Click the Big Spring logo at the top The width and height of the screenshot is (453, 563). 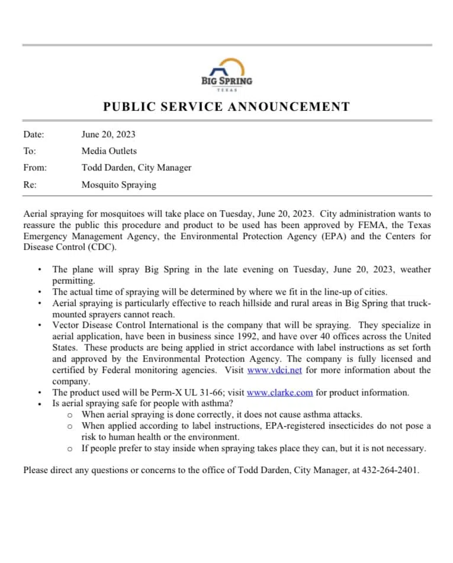pyautogui.click(x=226, y=73)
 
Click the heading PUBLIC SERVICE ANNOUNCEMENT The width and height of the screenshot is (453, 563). pyautogui.click(x=226, y=107)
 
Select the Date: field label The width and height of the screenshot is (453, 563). pyautogui.click(x=34, y=134)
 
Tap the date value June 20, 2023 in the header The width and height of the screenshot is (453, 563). pyautogui.click(x=108, y=134)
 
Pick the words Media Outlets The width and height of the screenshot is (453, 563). pyautogui.click(x=109, y=151)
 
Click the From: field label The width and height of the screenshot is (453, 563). pyautogui.click(x=35, y=168)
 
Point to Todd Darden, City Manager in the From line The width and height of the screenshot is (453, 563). pyautogui.click(x=136, y=168)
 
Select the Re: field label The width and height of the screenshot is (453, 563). pyautogui.click(x=30, y=185)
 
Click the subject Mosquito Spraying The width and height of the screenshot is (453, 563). pyautogui.click(x=119, y=185)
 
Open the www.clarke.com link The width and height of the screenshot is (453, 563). pyautogui.click(x=279, y=393)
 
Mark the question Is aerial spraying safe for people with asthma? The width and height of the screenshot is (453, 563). pyautogui.click(x=142, y=404)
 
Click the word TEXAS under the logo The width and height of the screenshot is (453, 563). pyautogui.click(x=227, y=90)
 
